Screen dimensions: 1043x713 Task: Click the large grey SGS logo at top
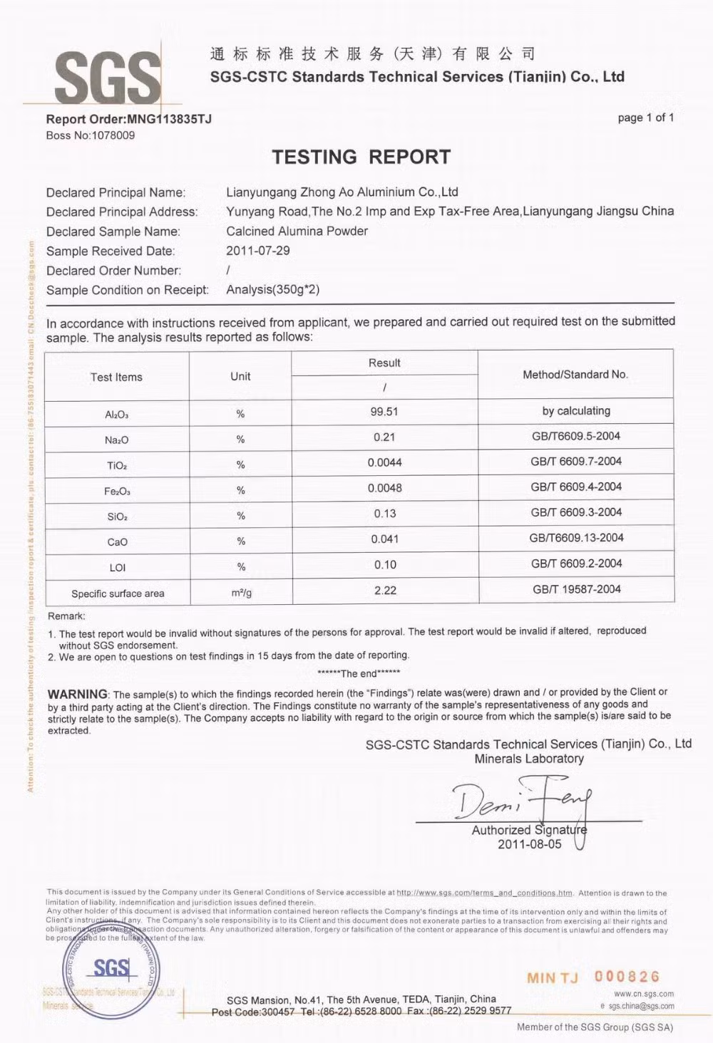108,78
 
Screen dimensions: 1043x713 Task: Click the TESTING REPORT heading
361,157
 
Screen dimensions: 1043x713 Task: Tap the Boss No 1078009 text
91,135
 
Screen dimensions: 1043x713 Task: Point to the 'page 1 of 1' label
645,118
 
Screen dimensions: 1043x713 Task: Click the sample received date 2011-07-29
258,251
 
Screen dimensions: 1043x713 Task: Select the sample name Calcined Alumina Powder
297,231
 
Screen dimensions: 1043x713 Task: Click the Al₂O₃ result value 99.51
384,412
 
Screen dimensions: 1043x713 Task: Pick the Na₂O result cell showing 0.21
384,437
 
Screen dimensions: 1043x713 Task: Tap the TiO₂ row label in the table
117,466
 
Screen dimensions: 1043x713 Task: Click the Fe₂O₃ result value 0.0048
384,489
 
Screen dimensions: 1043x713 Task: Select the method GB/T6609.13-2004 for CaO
576,538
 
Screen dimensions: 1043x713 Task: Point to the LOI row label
117,568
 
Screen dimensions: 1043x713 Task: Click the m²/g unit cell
241,593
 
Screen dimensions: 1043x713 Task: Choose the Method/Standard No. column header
575,375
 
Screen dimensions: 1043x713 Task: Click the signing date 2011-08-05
529,844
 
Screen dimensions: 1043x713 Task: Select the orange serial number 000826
627,977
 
